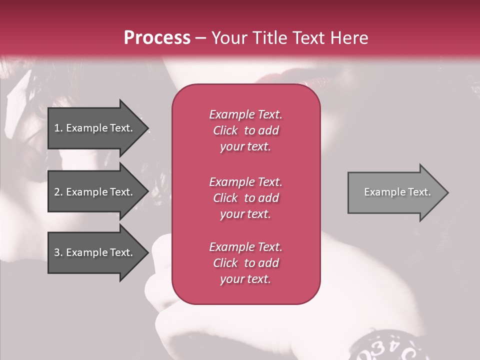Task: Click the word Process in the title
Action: [157, 38]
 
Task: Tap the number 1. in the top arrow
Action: [58, 128]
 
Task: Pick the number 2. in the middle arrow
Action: [58, 192]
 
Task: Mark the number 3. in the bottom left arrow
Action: [58, 252]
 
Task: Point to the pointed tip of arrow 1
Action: [146, 128]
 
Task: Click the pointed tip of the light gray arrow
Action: [446, 192]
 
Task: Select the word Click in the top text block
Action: [225, 130]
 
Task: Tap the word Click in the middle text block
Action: [225, 198]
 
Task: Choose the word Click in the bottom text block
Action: [225, 263]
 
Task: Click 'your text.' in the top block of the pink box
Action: [245, 147]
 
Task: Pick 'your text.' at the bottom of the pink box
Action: [245, 279]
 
